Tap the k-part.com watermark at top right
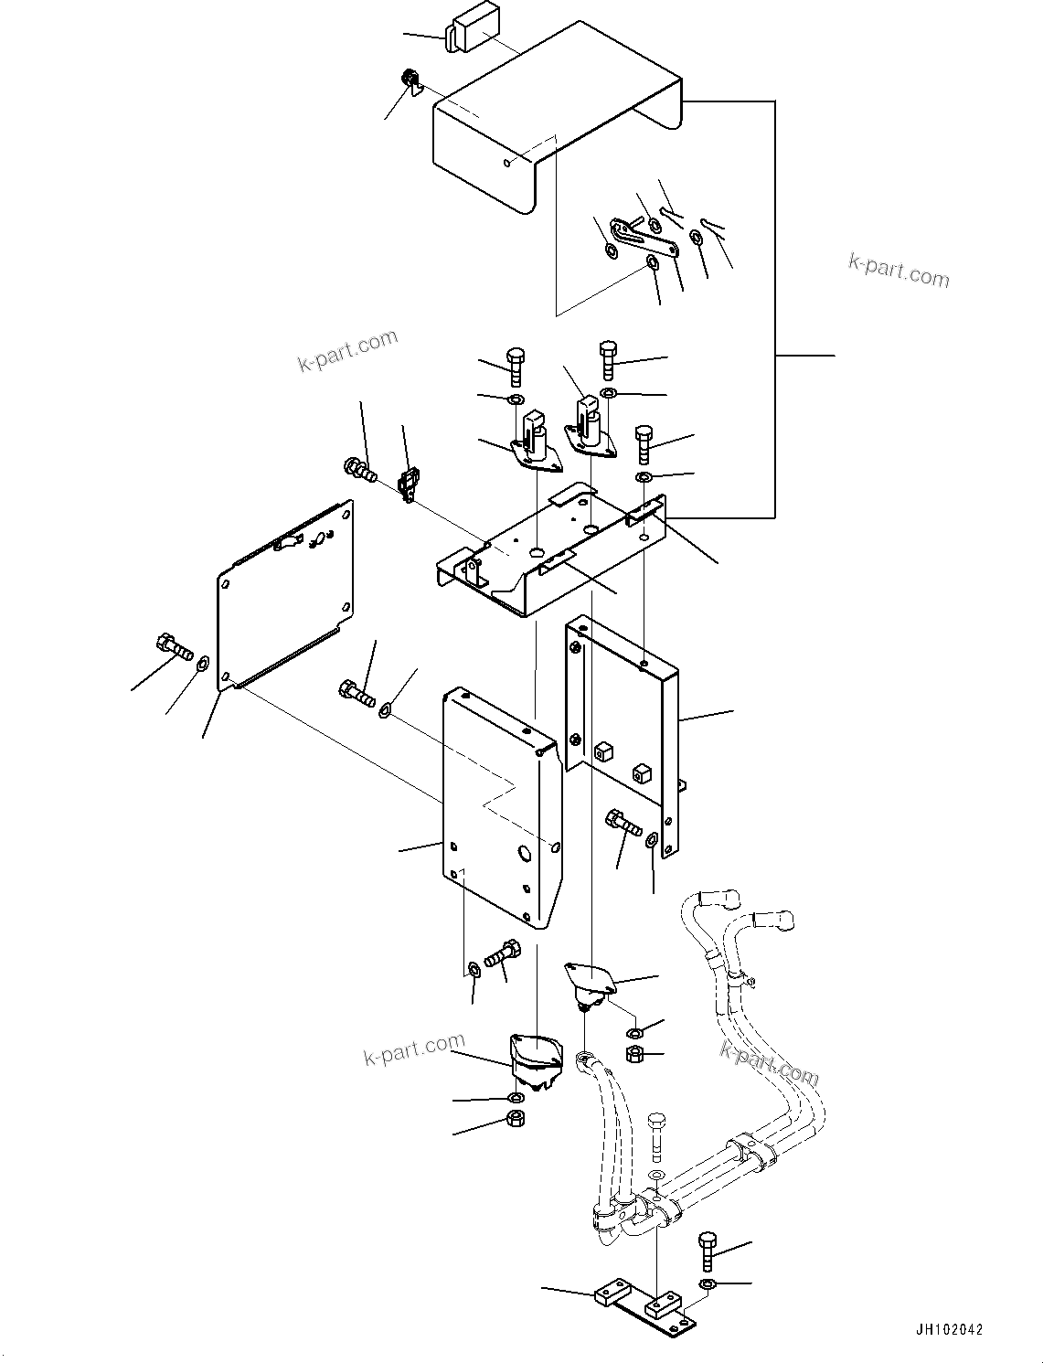click(x=899, y=271)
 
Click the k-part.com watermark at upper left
click(x=348, y=351)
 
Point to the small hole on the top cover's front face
click(x=508, y=163)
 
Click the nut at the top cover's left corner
click(x=409, y=80)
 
